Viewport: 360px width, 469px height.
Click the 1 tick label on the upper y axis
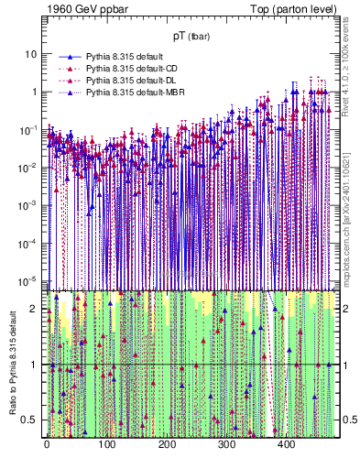(x=33, y=92)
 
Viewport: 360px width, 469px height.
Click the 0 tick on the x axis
(x=46, y=446)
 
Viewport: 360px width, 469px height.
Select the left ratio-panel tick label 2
(x=34, y=309)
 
